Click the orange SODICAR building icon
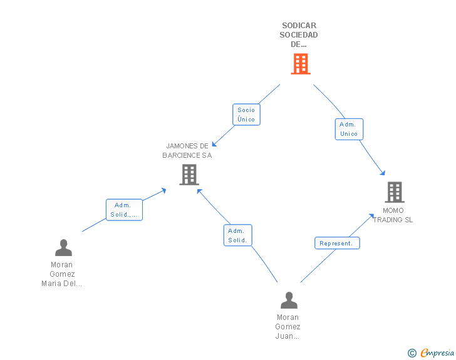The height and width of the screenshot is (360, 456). coord(301,64)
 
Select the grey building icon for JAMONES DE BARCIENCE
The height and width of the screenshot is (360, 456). coord(189,175)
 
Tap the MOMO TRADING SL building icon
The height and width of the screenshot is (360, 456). coord(395,192)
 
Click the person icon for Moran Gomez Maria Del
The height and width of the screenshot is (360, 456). coord(63,247)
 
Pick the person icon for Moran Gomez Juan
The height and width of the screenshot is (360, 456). coord(289,300)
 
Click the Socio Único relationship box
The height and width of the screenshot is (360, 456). coord(246,115)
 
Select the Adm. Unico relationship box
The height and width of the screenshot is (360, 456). coord(349,129)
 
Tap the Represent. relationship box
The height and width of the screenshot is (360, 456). coord(337,243)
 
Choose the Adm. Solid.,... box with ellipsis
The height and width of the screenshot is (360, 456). coord(124,210)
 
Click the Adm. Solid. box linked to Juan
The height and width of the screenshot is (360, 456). coord(237,235)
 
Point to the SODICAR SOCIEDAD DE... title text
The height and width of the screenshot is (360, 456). coord(299,35)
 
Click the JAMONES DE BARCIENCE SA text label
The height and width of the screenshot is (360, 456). coord(187,151)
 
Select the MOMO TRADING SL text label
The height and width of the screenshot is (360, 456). coord(393,215)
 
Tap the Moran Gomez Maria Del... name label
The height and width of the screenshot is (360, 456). coord(61,274)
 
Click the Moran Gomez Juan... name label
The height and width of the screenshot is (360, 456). coord(288,327)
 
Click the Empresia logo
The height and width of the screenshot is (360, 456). coord(437,352)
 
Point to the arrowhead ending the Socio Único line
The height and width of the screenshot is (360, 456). coord(214,144)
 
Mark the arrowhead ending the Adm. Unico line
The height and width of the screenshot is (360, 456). coord(383,173)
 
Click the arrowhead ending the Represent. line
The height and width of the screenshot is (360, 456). coord(371,216)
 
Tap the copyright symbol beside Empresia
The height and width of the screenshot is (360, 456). coord(412,353)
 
